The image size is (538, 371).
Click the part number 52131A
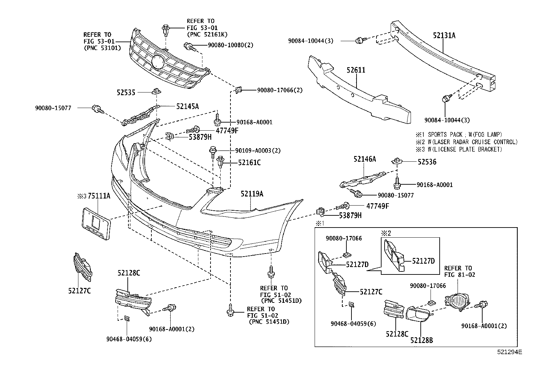tap(444, 35)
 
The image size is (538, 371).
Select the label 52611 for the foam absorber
tap(356, 71)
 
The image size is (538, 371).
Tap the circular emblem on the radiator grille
tap(158, 63)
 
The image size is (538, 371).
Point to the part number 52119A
tap(252, 194)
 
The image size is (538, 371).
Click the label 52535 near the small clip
tap(126, 92)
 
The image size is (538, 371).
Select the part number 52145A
tap(187, 107)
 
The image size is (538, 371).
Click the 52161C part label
tap(249, 163)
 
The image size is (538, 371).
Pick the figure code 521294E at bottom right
tap(509, 352)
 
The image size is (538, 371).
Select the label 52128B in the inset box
tap(421, 340)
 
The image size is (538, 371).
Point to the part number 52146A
tap(365, 159)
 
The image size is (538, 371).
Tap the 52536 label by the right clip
tap(427, 162)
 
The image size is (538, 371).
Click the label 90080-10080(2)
tap(230, 45)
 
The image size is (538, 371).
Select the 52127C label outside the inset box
tap(79, 291)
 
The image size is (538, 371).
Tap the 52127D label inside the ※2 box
tap(423, 261)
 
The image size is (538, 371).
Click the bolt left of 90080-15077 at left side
tap(97, 109)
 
